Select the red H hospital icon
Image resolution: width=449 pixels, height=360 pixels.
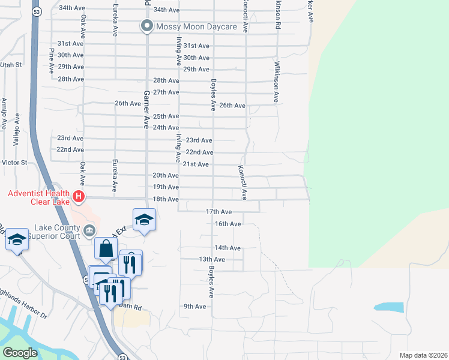(77, 196)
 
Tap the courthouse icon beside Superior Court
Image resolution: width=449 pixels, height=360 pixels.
(89, 229)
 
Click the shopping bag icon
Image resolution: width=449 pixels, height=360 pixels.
(106, 248)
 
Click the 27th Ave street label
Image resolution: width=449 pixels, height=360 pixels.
(166, 92)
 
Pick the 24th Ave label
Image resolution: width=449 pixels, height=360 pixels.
(166, 128)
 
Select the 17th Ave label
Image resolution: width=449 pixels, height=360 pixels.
(218, 212)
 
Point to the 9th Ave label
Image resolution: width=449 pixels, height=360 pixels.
(195, 306)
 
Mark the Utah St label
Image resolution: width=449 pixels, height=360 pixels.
(10, 64)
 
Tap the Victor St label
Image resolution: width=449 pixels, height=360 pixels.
(14, 163)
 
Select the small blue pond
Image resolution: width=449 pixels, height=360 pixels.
(388, 307)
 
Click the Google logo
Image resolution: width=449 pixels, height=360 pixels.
(20, 353)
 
